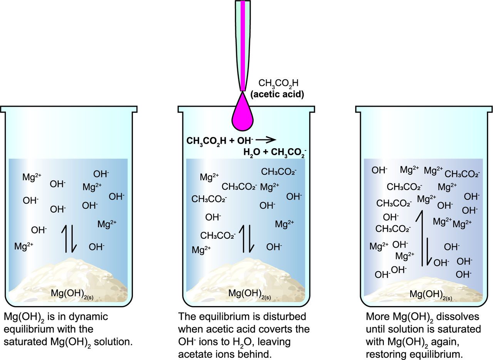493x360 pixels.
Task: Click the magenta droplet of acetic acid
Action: point(243,115)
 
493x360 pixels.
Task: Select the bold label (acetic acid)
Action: point(277,94)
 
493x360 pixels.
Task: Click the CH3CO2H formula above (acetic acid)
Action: point(278,83)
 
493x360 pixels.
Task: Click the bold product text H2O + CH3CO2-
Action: point(274,153)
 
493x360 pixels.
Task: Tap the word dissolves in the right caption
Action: point(462,317)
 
